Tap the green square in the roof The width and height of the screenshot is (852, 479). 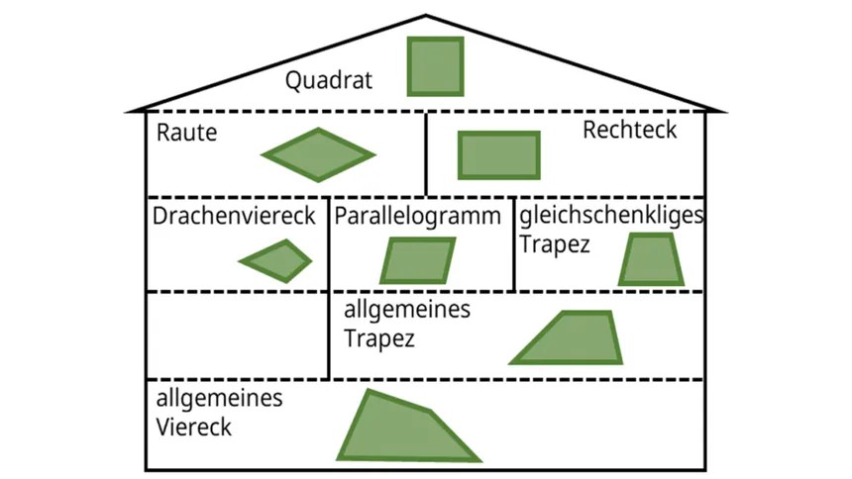(436, 66)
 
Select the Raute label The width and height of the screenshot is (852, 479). (186, 133)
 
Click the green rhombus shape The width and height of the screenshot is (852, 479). (318, 154)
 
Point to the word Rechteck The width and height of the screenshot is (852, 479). (629, 130)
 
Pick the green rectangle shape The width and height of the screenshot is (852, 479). (498, 155)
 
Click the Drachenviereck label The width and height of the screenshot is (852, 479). (234, 215)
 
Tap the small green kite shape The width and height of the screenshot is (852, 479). (276, 261)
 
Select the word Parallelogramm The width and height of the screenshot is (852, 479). (417, 216)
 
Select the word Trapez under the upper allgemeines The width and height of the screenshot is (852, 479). (379, 338)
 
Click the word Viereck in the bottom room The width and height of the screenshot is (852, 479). (194, 428)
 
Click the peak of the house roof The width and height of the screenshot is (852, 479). (426, 17)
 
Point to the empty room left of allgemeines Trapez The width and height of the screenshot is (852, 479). (237, 335)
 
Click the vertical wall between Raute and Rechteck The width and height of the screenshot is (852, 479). (426, 153)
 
